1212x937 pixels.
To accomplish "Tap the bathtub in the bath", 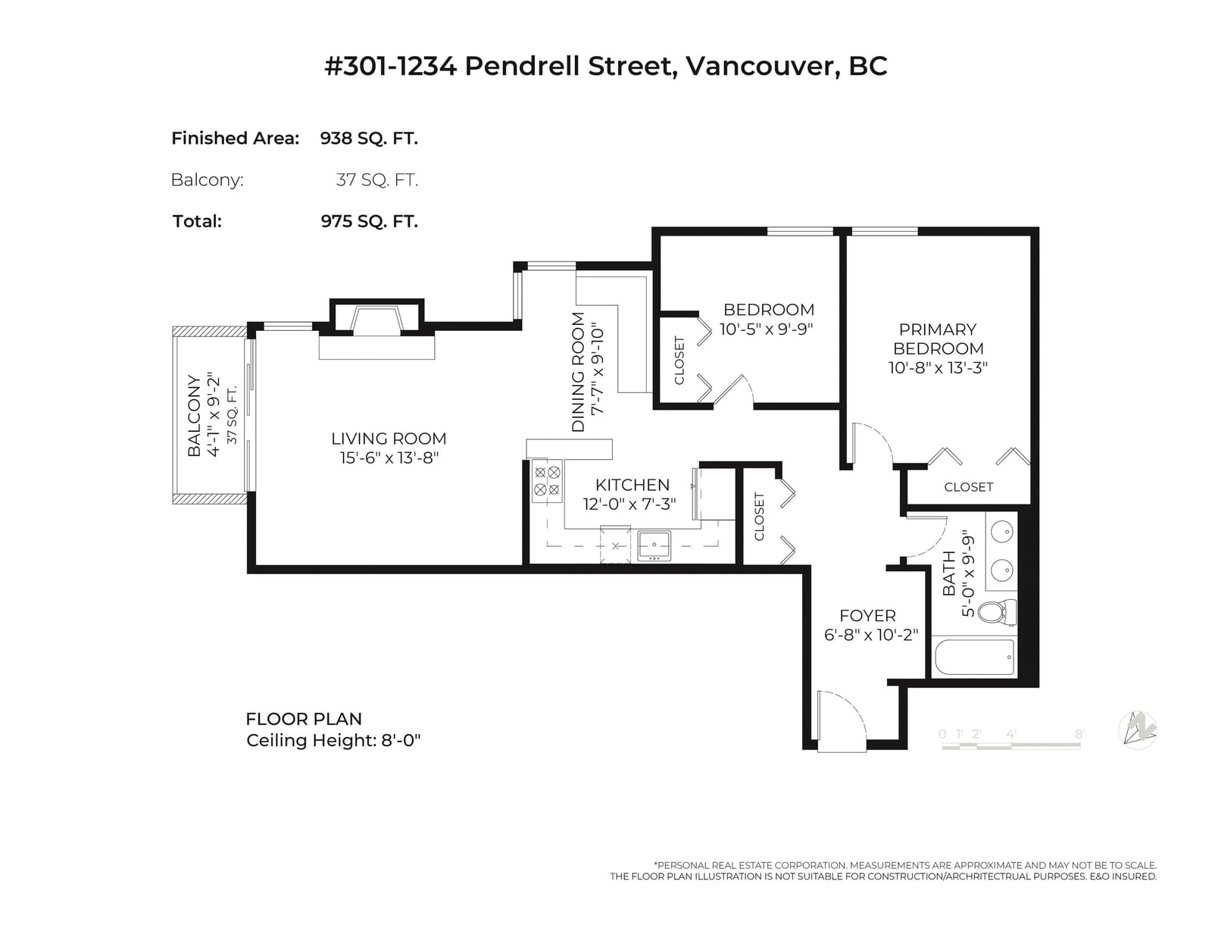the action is coord(974,657).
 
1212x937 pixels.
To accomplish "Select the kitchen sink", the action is coord(654,545).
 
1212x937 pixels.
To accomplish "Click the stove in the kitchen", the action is coord(547,481).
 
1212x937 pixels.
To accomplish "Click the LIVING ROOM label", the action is coord(388,439).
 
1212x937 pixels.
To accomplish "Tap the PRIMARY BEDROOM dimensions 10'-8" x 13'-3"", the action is coord(938,368).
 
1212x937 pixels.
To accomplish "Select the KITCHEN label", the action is coord(632,485).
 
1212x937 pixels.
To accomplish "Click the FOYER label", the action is coord(867,616).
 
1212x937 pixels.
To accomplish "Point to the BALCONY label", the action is coord(193,416).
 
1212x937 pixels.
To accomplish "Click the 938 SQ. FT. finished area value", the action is coord(369,139).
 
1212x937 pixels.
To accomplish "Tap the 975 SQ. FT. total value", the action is coord(369,221).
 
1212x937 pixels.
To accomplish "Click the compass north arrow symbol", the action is coord(1137,729).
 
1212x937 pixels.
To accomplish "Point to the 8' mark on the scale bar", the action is coord(1079,734).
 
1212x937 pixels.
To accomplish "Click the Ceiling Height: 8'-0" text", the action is coord(333,741).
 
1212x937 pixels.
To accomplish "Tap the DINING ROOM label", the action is coord(579,372).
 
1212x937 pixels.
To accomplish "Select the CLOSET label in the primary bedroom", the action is coord(968,487).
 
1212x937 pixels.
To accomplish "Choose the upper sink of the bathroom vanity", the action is coord(1002,531).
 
